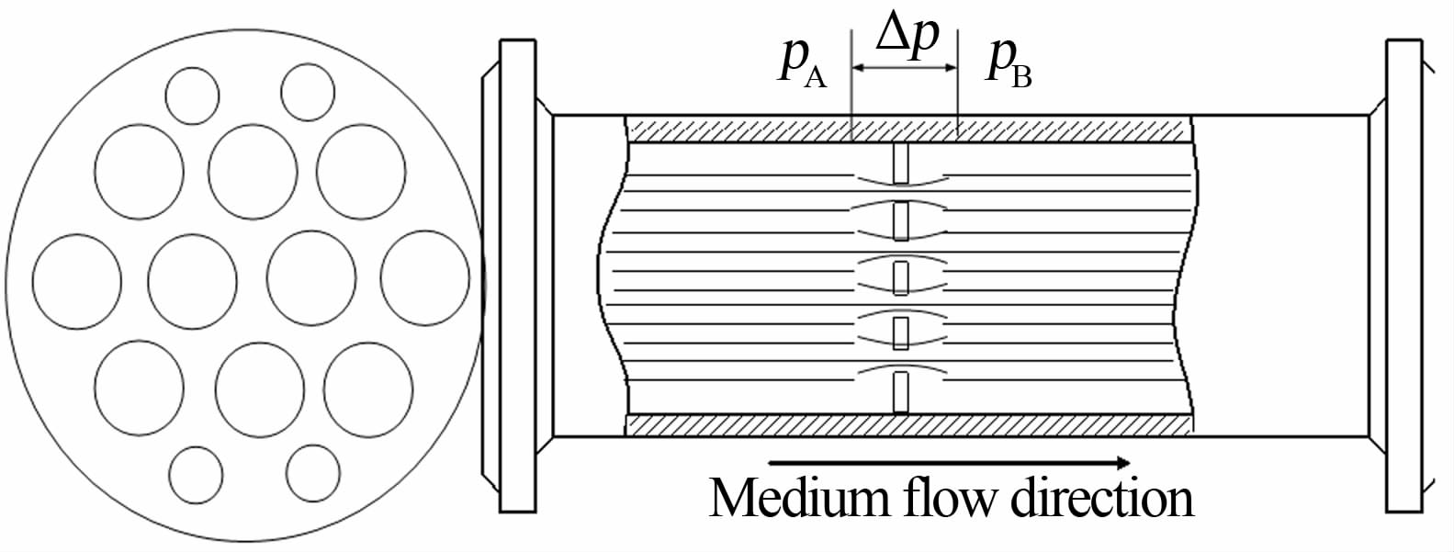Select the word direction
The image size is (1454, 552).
(1101, 499)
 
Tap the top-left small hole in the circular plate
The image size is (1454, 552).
(192, 96)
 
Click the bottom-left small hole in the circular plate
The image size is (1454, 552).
(197, 474)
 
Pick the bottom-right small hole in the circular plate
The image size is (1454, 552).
(313, 472)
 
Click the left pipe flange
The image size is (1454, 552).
(516, 276)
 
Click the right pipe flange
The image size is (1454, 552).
(1404, 276)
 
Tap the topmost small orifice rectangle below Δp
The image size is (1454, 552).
(901, 163)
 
